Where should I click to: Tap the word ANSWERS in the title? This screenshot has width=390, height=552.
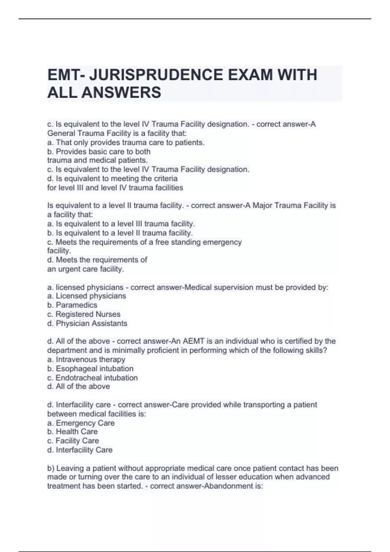tap(121, 93)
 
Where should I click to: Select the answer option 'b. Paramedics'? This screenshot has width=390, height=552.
tap(72, 305)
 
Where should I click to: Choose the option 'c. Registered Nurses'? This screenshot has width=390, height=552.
tap(84, 314)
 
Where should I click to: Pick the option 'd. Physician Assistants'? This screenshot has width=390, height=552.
tap(87, 323)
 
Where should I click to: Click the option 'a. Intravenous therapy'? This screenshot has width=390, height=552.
tap(86, 359)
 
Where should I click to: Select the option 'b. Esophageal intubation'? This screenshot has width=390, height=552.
tap(90, 369)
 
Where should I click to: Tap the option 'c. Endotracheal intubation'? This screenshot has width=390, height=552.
tap(93, 378)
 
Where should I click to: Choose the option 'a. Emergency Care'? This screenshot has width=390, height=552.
tap(81, 423)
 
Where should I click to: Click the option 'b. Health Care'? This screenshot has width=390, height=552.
tap(72, 432)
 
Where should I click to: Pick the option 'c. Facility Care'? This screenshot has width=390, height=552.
tap(73, 441)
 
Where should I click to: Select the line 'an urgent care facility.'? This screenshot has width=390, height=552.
tap(85, 269)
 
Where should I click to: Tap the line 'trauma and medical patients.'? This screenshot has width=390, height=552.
tap(97, 160)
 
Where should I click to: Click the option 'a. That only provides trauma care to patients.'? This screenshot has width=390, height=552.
tap(126, 143)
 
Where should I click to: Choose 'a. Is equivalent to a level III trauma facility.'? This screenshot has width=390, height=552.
tap(121, 224)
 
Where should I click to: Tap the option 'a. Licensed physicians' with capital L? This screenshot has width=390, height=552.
tap(86, 296)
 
